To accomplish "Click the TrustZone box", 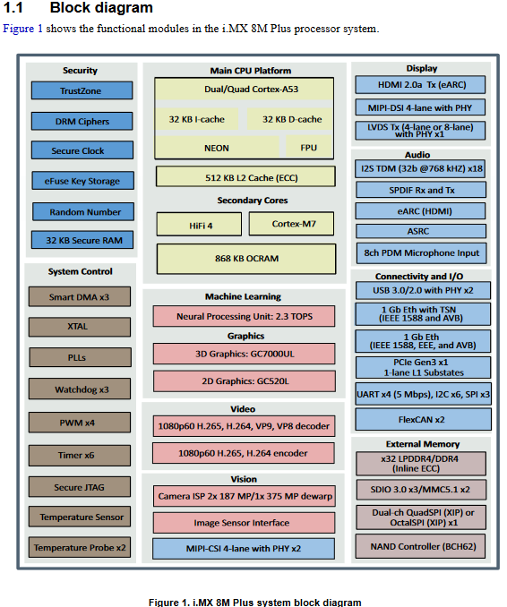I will pyautogui.click(x=81, y=90).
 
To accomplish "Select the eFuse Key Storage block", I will pyautogui.click(x=82, y=181).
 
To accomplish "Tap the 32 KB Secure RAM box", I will pyautogui.click(x=82, y=240).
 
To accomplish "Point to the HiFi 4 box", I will pyautogui.click(x=201, y=225).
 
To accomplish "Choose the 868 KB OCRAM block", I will pyautogui.click(x=245, y=259).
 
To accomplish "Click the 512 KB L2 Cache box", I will pyautogui.click(x=245, y=177).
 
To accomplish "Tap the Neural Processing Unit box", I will pyautogui.click(x=245, y=316).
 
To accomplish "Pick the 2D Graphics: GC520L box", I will pyautogui.click(x=245, y=381).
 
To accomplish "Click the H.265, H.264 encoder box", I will pyautogui.click(x=245, y=453).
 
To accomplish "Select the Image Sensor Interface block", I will pyautogui.click(x=245, y=522).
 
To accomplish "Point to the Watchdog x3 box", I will pyautogui.click(x=81, y=389).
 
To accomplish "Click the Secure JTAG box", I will pyautogui.click(x=81, y=487).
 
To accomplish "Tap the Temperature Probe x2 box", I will pyautogui.click(x=81, y=547).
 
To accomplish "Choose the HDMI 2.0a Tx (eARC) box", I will pyautogui.click(x=421, y=85).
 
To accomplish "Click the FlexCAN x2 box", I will pyautogui.click(x=421, y=419).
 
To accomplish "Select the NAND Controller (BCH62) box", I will pyautogui.click(x=421, y=545).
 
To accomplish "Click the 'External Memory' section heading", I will pyautogui.click(x=421, y=444).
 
